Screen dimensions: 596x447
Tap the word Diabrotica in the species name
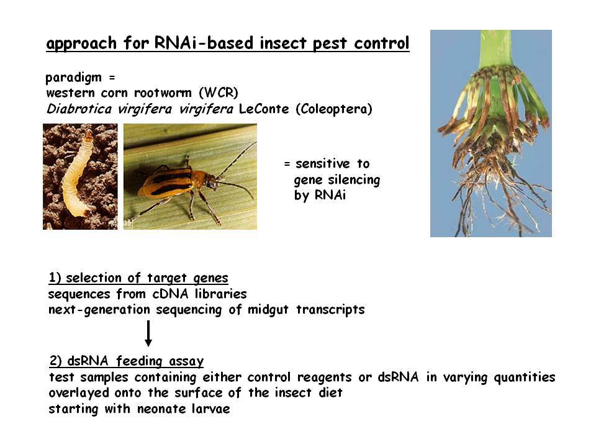(79, 109)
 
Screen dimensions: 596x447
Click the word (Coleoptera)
(334, 109)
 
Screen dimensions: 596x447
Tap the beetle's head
(212, 181)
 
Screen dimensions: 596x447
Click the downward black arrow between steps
(148, 333)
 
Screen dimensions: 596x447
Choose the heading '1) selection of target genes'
(138, 278)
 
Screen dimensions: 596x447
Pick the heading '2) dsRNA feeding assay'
(127, 361)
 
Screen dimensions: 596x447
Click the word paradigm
(74, 78)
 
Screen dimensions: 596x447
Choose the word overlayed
(79, 393)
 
